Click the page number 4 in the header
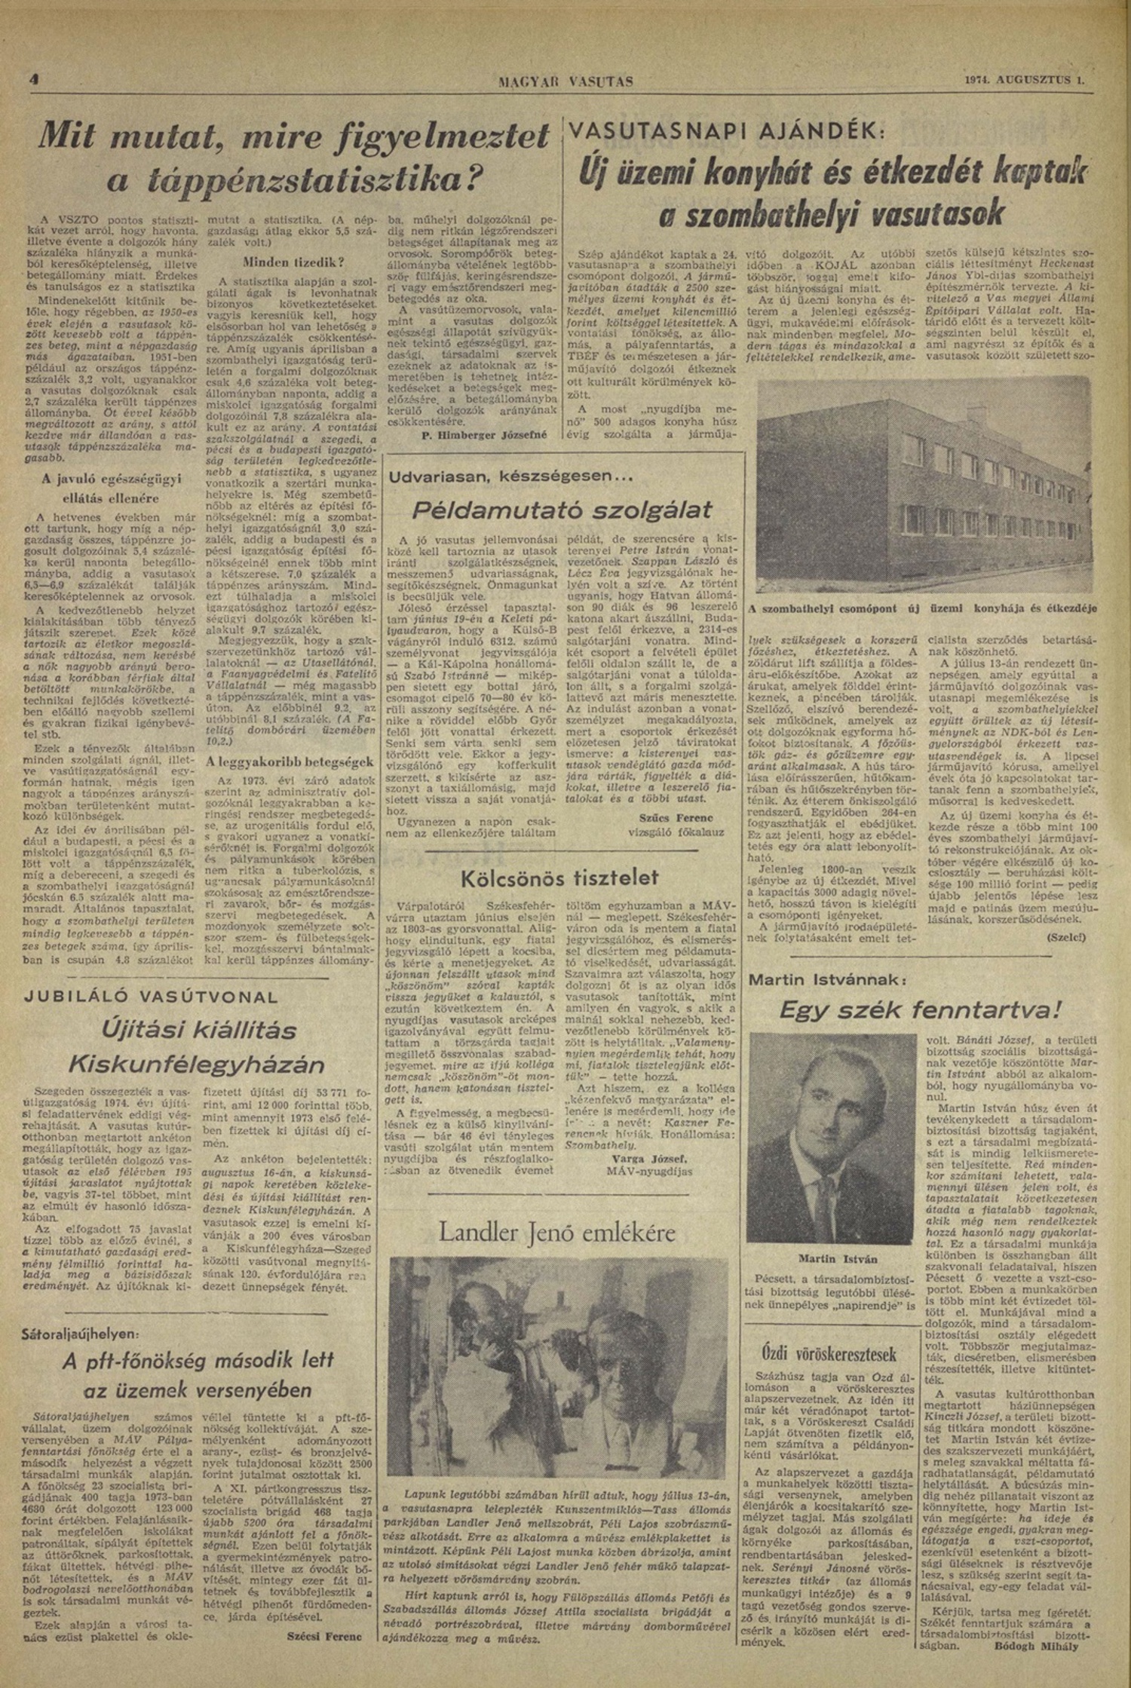coord(34,78)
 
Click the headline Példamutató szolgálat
coord(562,510)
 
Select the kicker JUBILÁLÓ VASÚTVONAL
coord(152,996)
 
